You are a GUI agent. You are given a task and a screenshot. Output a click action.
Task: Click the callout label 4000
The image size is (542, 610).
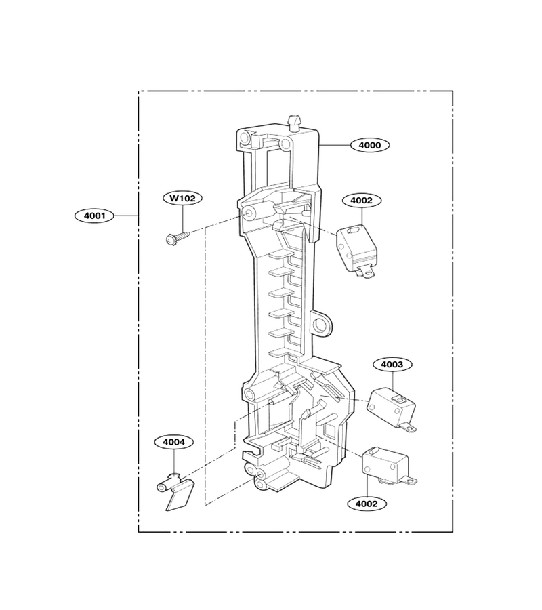370,146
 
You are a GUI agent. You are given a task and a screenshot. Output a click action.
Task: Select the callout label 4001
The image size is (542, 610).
94,216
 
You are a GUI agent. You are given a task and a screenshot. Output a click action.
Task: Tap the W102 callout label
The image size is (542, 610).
183,198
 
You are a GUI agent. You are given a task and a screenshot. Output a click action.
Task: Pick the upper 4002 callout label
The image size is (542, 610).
361,201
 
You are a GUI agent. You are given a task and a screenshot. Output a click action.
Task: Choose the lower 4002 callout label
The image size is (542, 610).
367,504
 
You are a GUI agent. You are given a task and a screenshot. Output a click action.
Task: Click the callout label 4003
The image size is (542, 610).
392,365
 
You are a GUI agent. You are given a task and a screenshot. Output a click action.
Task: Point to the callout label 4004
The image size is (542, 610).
173,442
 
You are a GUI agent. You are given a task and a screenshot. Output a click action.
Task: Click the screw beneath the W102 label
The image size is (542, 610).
178,238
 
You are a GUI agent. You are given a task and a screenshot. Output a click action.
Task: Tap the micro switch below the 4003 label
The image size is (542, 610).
392,409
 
